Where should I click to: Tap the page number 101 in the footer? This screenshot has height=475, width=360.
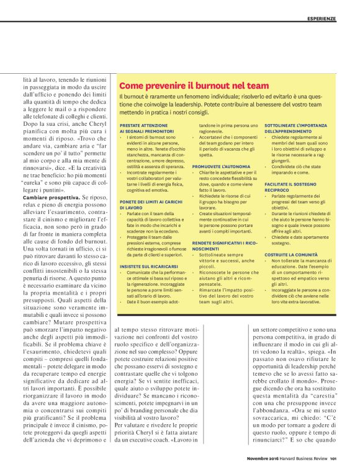333,458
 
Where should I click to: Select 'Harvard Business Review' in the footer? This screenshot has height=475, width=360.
304,458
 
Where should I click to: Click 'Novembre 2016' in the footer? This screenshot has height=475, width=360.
263,458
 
